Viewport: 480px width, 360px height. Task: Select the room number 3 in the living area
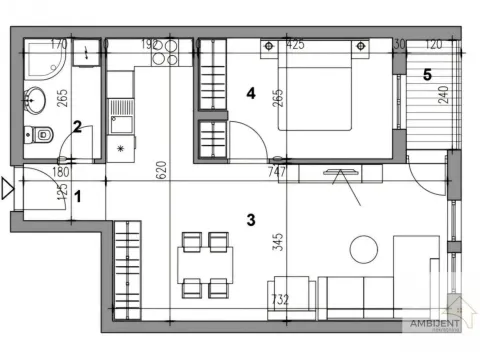pyautogui.click(x=252, y=217)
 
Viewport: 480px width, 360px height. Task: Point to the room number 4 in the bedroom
pyautogui.click(x=252, y=94)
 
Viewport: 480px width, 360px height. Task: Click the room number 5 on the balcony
pyautogui.click(x=426, y=73)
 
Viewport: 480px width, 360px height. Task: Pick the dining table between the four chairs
pyautogui.click(x=206, y=264)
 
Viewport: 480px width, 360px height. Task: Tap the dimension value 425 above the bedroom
pyautogui.click(x=295, y=45)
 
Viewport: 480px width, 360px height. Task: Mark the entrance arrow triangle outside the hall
pyautogui.click(x=9, y=187)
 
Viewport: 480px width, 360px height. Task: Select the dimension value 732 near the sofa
pyautogui.click(x=281, y=299)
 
